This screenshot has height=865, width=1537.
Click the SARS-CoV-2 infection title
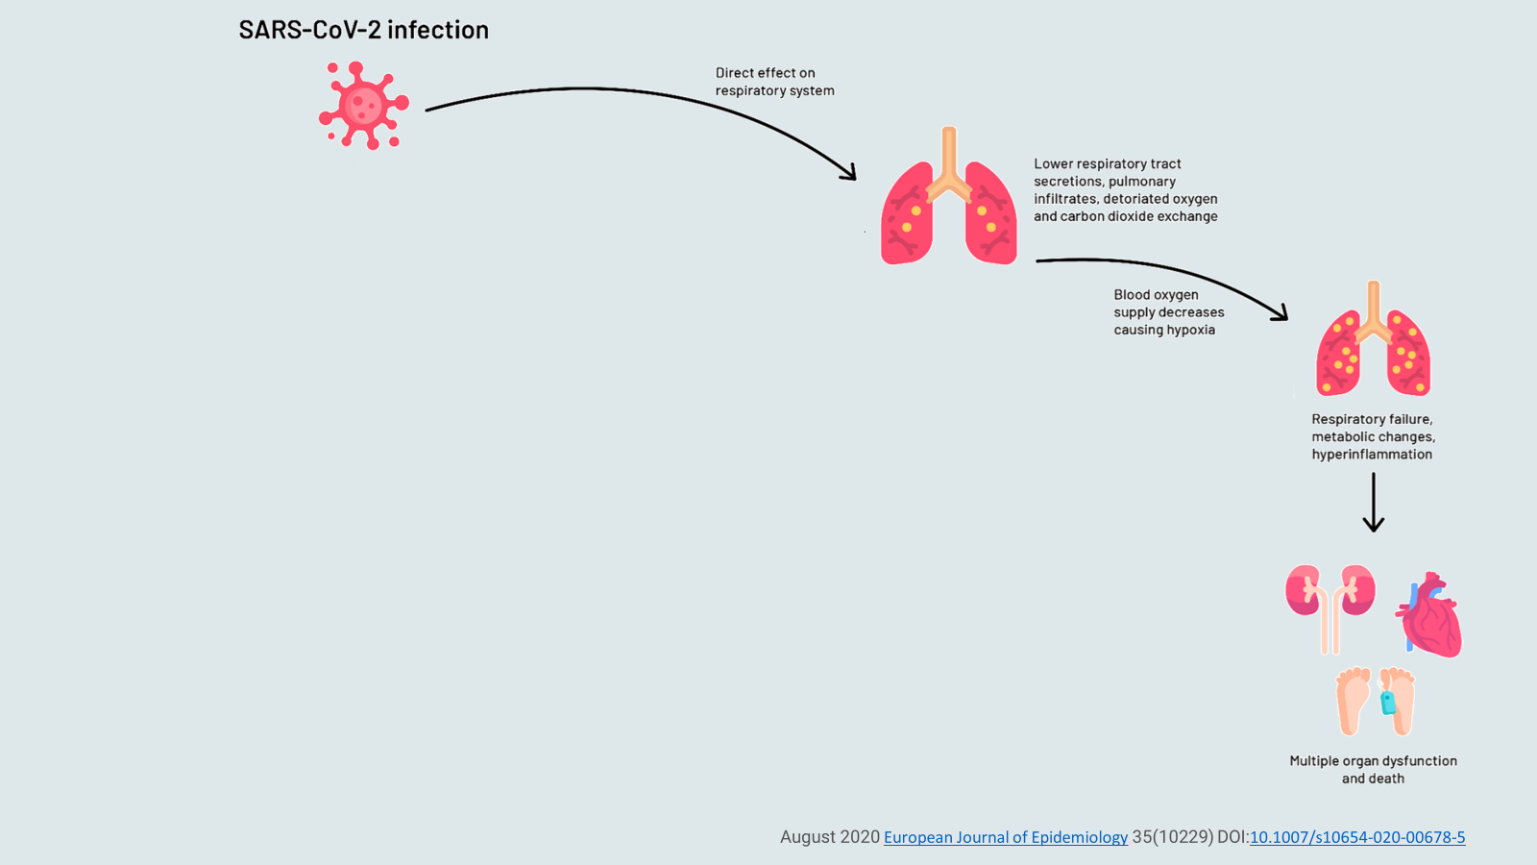(363, 30)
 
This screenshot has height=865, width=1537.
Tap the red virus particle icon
(363, 105)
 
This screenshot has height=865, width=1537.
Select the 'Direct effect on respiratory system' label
(774, 82)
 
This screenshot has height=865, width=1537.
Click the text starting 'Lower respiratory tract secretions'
(1125, 190)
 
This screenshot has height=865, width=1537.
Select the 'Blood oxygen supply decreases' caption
(1168, 312)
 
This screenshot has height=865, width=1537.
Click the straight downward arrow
(1373, 502)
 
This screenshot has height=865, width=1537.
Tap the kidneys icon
(1330, 605)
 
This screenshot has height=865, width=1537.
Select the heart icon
(1430, 616)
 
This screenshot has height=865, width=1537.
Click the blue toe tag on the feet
(1387, 703)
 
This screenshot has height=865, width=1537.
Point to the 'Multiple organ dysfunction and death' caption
(1373, 770)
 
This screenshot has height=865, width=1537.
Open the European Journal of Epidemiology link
(1005, 837)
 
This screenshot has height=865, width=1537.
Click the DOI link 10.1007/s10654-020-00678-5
(1356, 837)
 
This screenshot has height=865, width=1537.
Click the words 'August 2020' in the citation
(829, 837)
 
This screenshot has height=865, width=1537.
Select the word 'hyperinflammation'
(1372, 454)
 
